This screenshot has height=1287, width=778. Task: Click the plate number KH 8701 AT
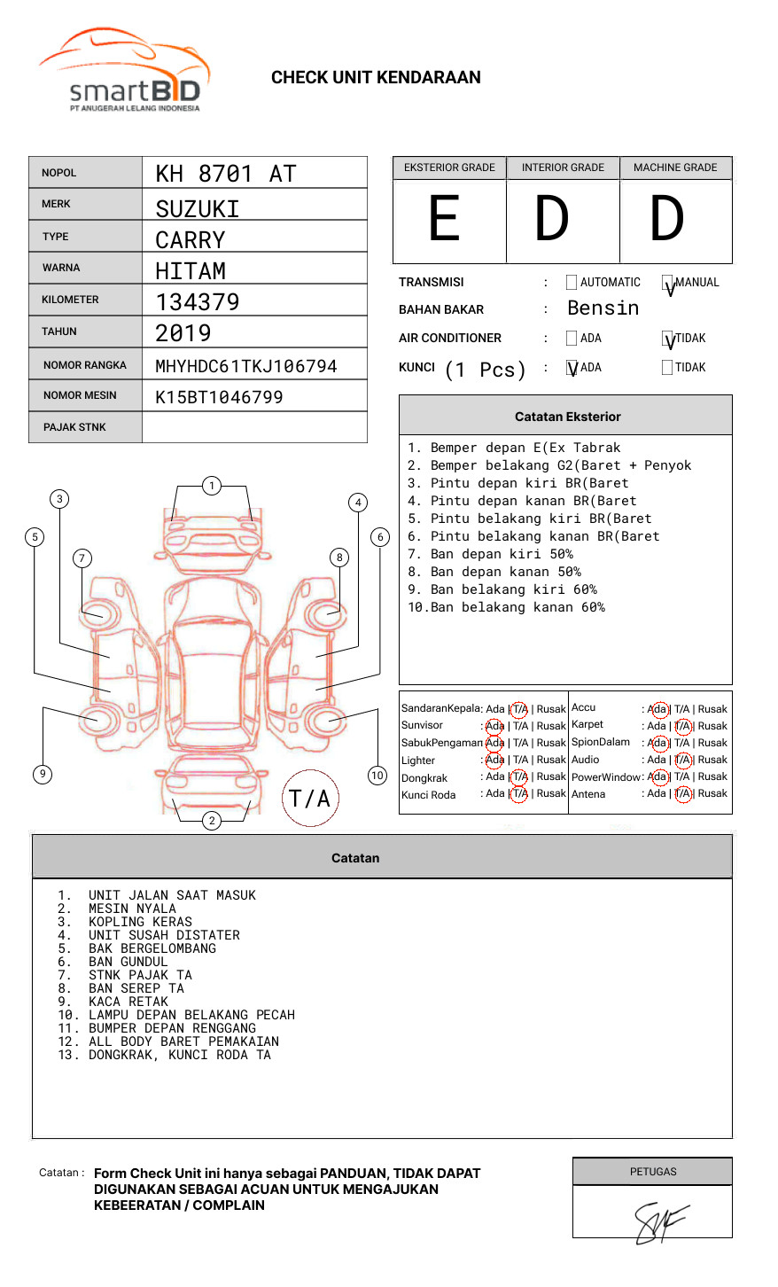pos(226,174)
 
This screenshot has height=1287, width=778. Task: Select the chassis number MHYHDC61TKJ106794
pos(246,366)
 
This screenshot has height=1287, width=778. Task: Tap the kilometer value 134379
pos(198,302)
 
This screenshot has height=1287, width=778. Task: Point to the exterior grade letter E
pos(445,219)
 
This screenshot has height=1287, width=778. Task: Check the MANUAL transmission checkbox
pos(668,284)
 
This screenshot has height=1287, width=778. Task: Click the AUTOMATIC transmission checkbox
pos(572,283)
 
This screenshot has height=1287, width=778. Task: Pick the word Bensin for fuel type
pos(603,308)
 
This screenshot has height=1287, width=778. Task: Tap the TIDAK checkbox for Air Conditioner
pos(668,339)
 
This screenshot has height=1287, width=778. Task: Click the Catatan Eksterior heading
pos(567,417)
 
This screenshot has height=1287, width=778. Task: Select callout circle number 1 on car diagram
pos(211,485)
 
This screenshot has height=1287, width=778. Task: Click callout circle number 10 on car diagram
pos(377,776)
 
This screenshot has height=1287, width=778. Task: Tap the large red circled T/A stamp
pos(310,799)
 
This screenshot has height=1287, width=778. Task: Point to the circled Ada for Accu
pos(658,709)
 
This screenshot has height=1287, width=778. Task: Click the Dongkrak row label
pos(424,778)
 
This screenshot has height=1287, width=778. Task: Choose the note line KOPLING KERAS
pos(140,922)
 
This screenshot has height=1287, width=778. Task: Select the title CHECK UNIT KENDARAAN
pos(376,78)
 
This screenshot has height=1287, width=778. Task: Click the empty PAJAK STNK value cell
pos(254,427)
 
